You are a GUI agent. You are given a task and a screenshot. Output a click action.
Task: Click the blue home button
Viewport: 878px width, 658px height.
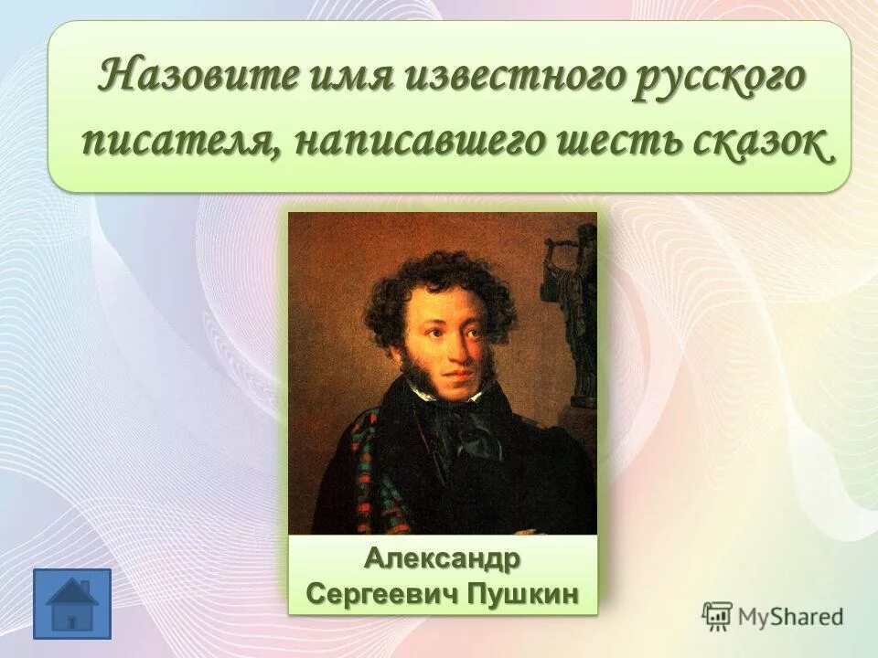click(x=71, y=603)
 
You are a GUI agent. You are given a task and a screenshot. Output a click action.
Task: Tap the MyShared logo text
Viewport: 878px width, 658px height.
click(x=789, y=617)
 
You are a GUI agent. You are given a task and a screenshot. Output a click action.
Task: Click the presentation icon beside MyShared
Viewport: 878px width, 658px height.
click(x=717, y=616)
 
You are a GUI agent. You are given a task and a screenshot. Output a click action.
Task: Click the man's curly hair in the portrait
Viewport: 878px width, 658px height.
click(x=439, y=283)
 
